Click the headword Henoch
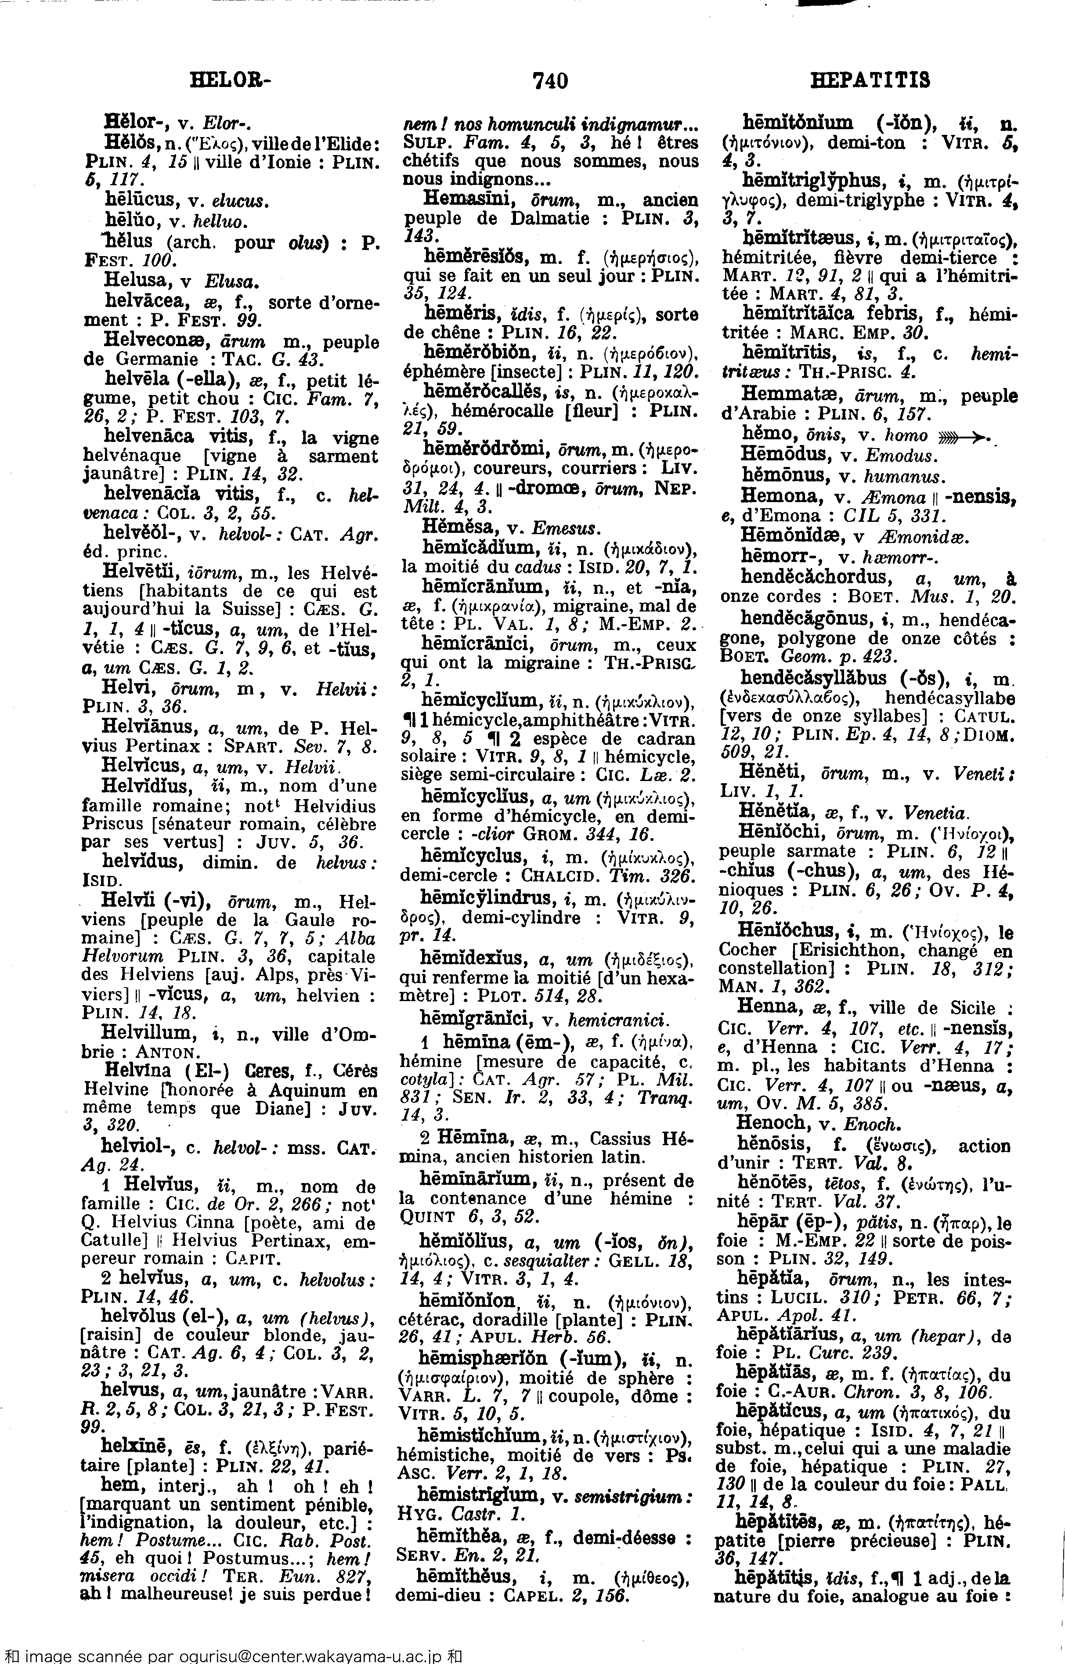(770, 1123)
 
